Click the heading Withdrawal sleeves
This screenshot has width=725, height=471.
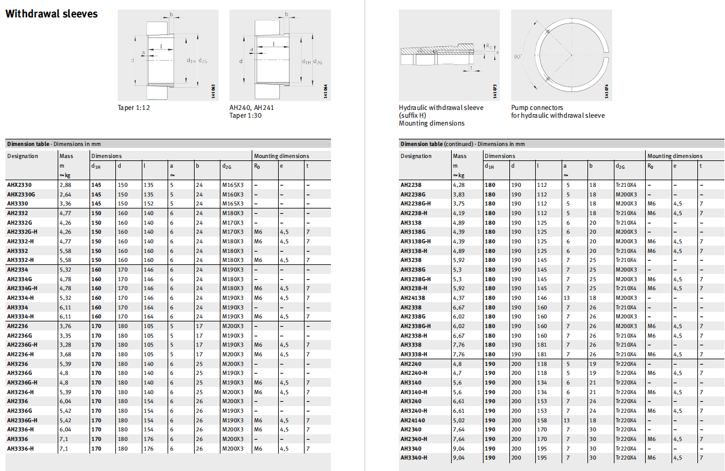click(51, 14)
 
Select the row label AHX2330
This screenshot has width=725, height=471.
click(19, 185)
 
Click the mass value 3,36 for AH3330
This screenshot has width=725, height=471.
click(65, 204)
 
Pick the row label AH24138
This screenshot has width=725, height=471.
click(413, 297)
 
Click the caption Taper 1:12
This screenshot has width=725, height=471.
click(133, 108)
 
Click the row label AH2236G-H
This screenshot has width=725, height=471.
click(22, 345)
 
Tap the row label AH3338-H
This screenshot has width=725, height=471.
click(414, 354)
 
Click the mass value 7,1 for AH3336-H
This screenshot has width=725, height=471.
click(64, 449)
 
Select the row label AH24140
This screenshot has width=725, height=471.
click(413, 421)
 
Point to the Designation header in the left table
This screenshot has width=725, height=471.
click(22, 156)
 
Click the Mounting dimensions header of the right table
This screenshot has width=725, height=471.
click(675, 156)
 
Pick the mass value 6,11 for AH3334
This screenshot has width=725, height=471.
click(65, 307)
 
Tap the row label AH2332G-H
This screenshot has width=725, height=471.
click(22, 232)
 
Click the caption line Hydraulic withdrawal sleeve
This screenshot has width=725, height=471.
click(441, 108)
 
